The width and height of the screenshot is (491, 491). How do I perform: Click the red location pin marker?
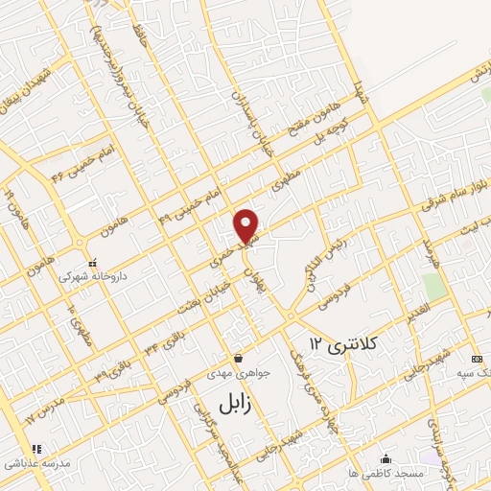tap(246, 223)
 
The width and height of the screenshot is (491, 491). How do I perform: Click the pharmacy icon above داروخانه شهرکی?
tap(92, 263)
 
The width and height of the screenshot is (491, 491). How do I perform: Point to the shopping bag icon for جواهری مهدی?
tap(237, 358)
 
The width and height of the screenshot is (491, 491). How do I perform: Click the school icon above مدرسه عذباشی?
tap(36, 448)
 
